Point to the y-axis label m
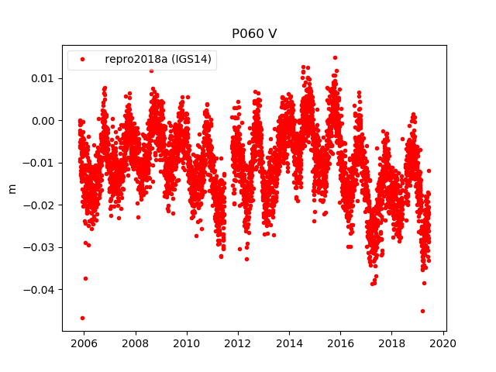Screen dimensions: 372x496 (x=12, y=188)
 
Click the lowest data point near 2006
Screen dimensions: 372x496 (x=82, y=318)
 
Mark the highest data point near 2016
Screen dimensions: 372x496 (x=335, y=57)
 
